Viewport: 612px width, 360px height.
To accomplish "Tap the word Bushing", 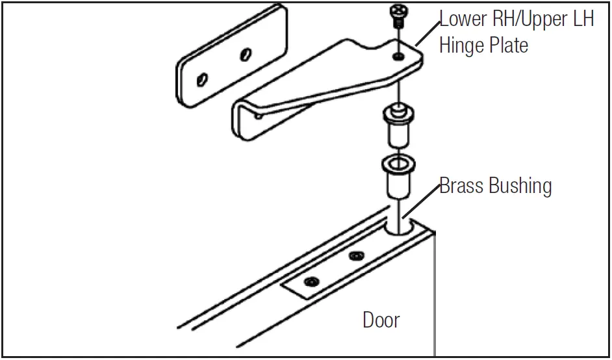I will coord(520,187).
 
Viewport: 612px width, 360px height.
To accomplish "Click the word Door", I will coord(381,320).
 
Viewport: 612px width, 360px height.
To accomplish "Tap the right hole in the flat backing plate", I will coord(245,54).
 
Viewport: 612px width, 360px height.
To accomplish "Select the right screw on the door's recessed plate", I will coord(355,256).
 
